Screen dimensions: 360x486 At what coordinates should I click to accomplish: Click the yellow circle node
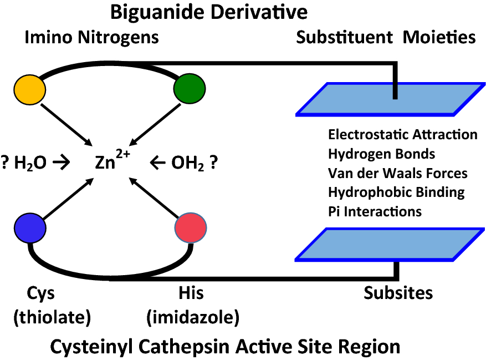29,89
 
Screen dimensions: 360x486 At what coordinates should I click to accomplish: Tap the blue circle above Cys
29,228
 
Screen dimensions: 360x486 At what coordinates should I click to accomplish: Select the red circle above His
191,228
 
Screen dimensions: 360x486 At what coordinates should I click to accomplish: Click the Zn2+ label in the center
115,161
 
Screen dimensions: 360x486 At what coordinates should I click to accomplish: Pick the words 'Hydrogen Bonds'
381,154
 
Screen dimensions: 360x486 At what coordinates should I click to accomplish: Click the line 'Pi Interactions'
375,211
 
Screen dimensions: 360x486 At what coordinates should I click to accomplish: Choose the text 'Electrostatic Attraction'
402,135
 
